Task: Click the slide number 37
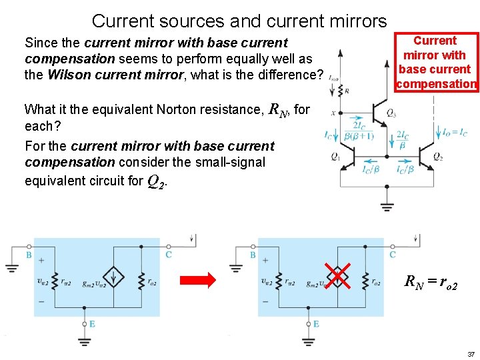point(471,353)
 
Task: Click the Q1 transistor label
point(335,157)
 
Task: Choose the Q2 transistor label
point(437,157)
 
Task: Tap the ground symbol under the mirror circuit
point(387,204)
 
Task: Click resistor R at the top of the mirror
point(347,90)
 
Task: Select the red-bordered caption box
point(436,62)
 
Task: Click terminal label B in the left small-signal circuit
point(29,255)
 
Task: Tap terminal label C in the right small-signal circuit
point(393,255)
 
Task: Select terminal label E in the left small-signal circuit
point(91,324)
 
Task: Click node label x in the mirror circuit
point(333,113)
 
